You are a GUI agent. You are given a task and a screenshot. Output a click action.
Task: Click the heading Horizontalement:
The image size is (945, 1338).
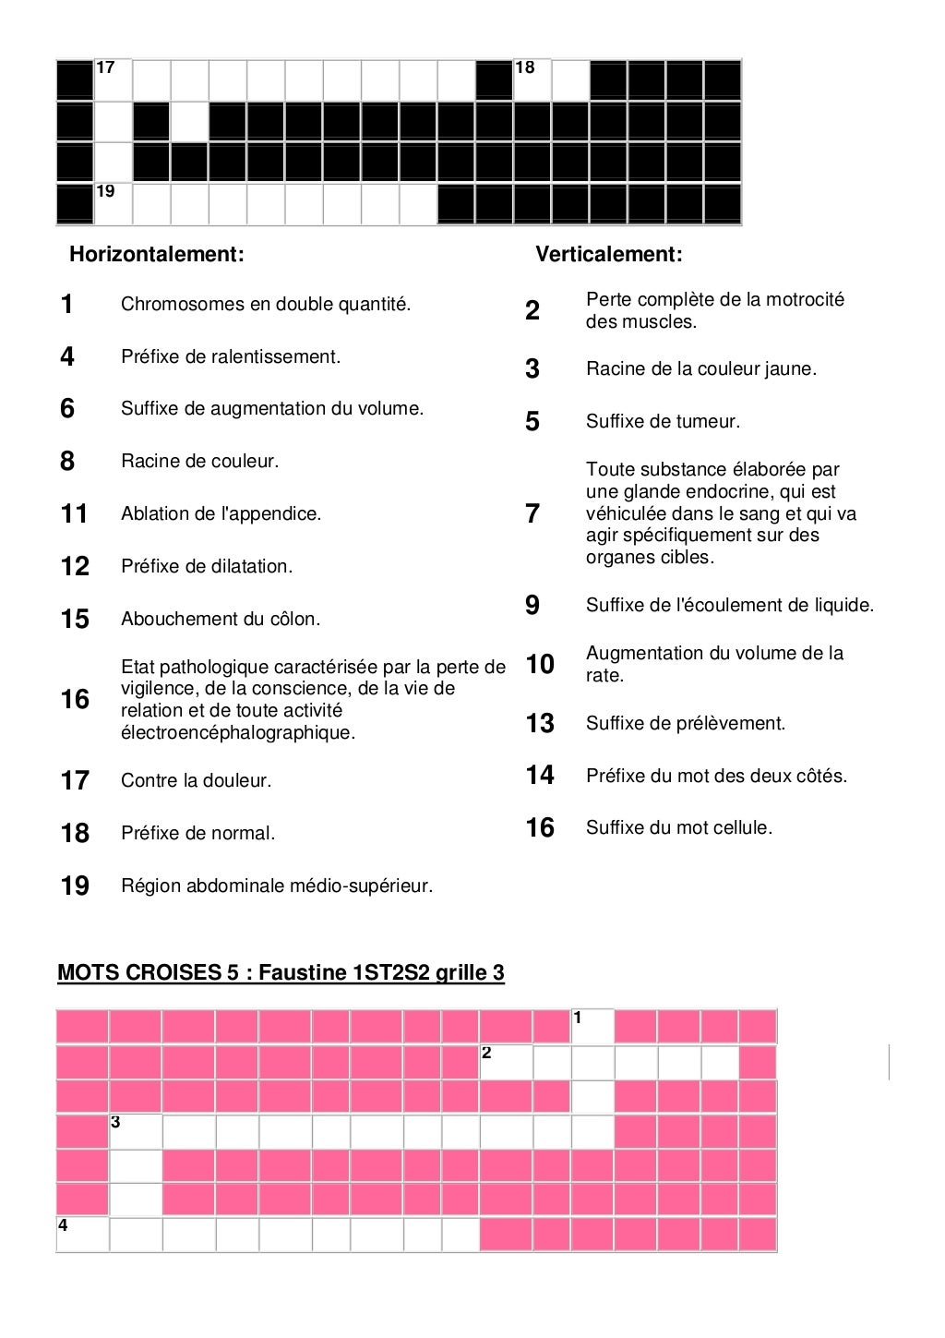pyautogui.click(x=157, y=254)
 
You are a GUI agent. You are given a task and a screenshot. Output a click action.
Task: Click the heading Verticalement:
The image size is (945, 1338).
pyautogui.click(x=609, y=254)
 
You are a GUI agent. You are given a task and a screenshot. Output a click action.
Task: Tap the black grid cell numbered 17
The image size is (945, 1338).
pyautogui.click(x=113, y=80)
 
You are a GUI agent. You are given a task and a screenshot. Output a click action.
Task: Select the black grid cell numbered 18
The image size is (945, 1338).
pyautogui.click(x=532, y=80)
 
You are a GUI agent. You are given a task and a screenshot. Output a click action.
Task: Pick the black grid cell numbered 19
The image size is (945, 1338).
pyautogui.click(x=113, y=204)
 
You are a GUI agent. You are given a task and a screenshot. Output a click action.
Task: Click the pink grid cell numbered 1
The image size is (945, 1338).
pyautogui.click(x=592, y=1027)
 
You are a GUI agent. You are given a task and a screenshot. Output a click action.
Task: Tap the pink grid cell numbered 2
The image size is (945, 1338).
pyautogui.click(x=506, y=1063)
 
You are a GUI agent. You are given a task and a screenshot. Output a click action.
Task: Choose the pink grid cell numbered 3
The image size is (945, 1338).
pyautogui.click(x=136, y=1132)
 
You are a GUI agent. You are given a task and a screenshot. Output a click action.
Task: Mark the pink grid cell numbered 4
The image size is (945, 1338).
pyautogui.click(x=82, y=1235)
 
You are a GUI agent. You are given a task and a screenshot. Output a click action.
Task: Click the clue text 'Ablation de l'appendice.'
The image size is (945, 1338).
pyautogui.click(x=221, y=513)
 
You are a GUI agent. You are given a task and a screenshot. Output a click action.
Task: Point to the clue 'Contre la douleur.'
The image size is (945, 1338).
pyautogui.click(x=197, y=780)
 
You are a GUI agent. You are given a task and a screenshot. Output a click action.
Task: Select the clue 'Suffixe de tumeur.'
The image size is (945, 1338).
pyautogui.click(x=663, y=421)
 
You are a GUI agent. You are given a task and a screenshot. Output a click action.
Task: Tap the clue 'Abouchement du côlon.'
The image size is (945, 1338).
pyautogui.click(x=221, y=619)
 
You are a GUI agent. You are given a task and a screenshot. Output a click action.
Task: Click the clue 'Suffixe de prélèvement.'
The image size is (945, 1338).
pyautogui.click(x=686, y=723)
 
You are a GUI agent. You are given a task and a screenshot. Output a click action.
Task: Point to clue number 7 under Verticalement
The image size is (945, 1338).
pyautogui.click(x=532, y=513)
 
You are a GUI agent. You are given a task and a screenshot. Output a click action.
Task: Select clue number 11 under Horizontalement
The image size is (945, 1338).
pyautogui.click(x=74, y=513)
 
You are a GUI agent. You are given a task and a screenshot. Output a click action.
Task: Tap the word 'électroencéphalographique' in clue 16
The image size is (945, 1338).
pyautogui.click(x=237, y=732)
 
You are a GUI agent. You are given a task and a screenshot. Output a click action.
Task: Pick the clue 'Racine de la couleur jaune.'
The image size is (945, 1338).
pyautogui.click(x=701, y=368)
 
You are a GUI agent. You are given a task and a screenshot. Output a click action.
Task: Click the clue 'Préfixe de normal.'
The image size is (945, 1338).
pyautogui.click(x=198, y=833)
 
